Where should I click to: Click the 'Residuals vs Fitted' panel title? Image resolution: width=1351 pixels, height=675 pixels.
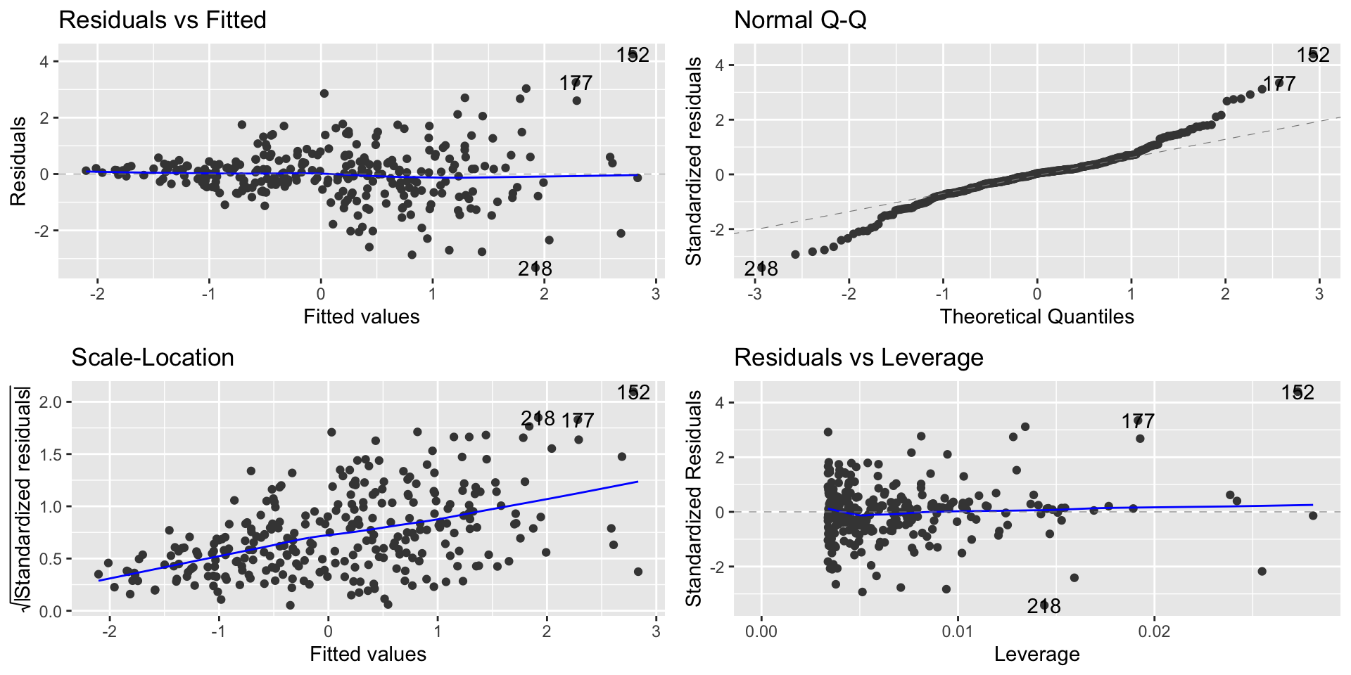point(163,20)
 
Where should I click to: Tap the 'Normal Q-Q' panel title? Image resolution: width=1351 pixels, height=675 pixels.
point(800,20)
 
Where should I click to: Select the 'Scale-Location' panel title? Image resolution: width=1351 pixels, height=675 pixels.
point(153,358)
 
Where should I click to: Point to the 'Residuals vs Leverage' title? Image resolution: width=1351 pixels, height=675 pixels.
point(858,358)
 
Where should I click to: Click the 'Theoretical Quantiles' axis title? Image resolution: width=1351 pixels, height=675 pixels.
point(1036,316)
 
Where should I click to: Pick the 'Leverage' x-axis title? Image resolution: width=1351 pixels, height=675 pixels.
point(1036,654)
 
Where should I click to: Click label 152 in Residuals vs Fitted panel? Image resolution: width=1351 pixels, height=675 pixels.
point(633,55)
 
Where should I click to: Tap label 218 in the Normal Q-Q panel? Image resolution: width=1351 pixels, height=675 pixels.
point(761,269)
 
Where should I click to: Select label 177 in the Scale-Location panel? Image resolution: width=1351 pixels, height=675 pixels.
point(578,420)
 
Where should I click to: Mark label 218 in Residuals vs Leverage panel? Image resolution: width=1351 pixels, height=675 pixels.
point(1044,606)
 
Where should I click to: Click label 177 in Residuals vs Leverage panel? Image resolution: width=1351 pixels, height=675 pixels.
point(1138,421)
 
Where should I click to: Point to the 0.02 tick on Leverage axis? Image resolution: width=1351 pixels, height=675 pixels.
point(1154,631)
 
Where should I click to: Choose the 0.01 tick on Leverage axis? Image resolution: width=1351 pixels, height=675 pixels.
point(958,631)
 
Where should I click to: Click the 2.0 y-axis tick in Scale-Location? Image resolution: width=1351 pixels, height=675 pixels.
point(56,402)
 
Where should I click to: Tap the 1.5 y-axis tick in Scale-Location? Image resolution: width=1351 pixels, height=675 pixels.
point(56,454)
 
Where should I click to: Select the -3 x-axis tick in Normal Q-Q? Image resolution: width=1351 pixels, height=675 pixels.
point(754,294)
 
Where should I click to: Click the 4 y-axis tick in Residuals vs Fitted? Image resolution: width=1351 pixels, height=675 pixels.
point(44,62)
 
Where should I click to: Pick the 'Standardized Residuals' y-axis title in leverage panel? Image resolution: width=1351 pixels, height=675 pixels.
point(694,499)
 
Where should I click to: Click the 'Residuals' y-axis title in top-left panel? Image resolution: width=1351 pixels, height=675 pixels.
point(18,161)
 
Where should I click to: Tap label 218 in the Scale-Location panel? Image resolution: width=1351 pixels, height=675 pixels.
point(538,419)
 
